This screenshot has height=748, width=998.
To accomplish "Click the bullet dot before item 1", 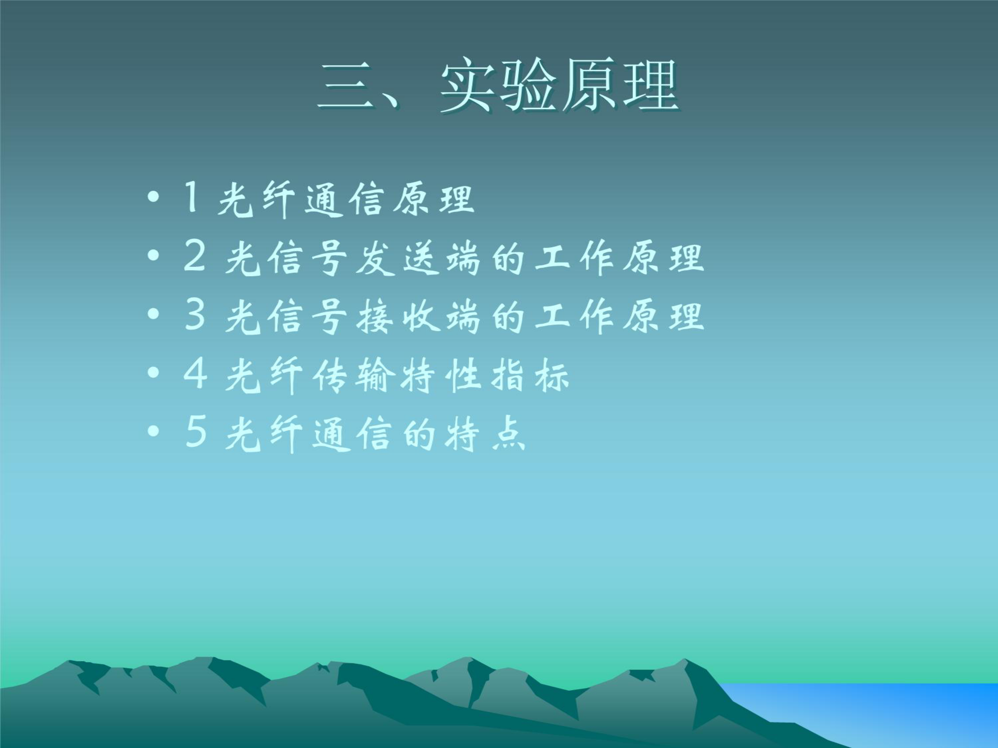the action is pos(153,197).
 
